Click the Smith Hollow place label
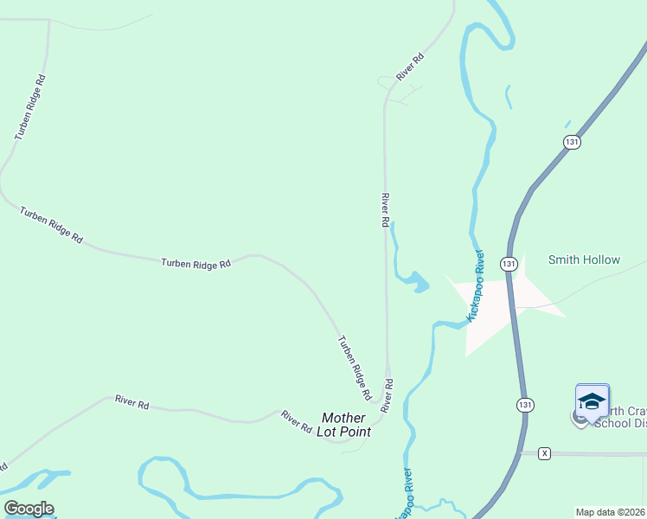click(x=584, y=259)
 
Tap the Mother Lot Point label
click(x=345, y=425)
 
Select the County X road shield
click(x=544, y=453)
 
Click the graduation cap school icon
click(x=593, y=401)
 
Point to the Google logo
click(x=29, y=509)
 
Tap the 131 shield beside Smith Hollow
click(x=509, y=263)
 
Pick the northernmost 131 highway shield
click(x=571, y=142)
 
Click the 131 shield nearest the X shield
click(x=525, y=404)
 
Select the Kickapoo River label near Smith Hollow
click(x=476, y=287)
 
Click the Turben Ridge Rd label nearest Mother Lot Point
click(x=354, y=368)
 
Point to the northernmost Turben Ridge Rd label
click(x=29, y=108)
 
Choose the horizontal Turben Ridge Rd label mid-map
click(x=196, y=263)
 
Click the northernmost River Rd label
click(x=411, y=67)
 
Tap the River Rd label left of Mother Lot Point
click(x=296, y=421)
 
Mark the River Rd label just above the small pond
click(x=385, y=210)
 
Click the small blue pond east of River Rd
click(x=419, y=283)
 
